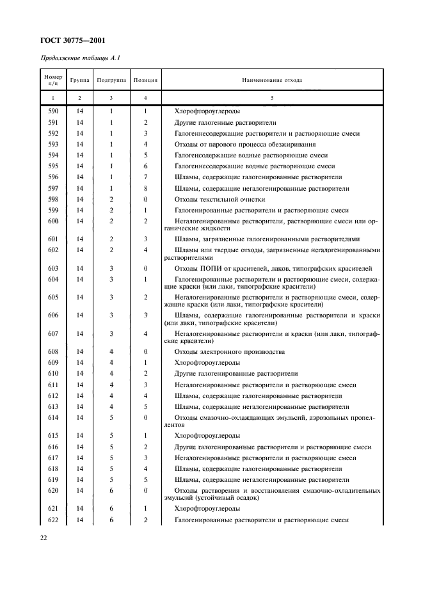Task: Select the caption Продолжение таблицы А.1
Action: [81, 59]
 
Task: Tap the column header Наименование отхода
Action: [271, 81]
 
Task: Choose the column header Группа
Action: [80, 81]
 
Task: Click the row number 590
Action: [53, 111]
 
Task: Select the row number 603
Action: [53, 269]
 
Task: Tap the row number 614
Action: [53, 417]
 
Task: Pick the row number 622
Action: [53, 520]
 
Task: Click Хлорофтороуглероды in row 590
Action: [207, 111]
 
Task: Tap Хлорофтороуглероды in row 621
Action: [207, 508]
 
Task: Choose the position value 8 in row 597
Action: [145, 188]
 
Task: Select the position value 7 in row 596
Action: [145, 177]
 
